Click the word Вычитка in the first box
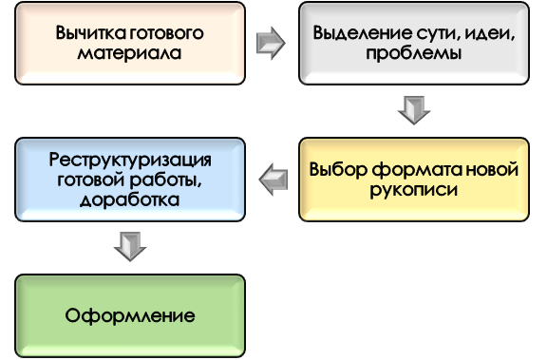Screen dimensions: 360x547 coord(83,33)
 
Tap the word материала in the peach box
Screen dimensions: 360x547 coord(129,52)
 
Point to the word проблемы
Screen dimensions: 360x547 coord(414,52)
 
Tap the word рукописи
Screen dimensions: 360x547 coord(414,189)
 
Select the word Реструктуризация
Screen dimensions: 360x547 coord(130,159)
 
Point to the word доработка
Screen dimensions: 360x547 coord(129,199)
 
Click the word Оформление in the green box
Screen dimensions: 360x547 coord(129,315)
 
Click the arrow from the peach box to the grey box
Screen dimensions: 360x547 coord(271,43)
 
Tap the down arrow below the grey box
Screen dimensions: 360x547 coord(414,110)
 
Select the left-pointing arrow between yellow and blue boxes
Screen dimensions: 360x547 coord(273,179)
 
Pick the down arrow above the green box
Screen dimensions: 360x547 coord(129,247)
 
